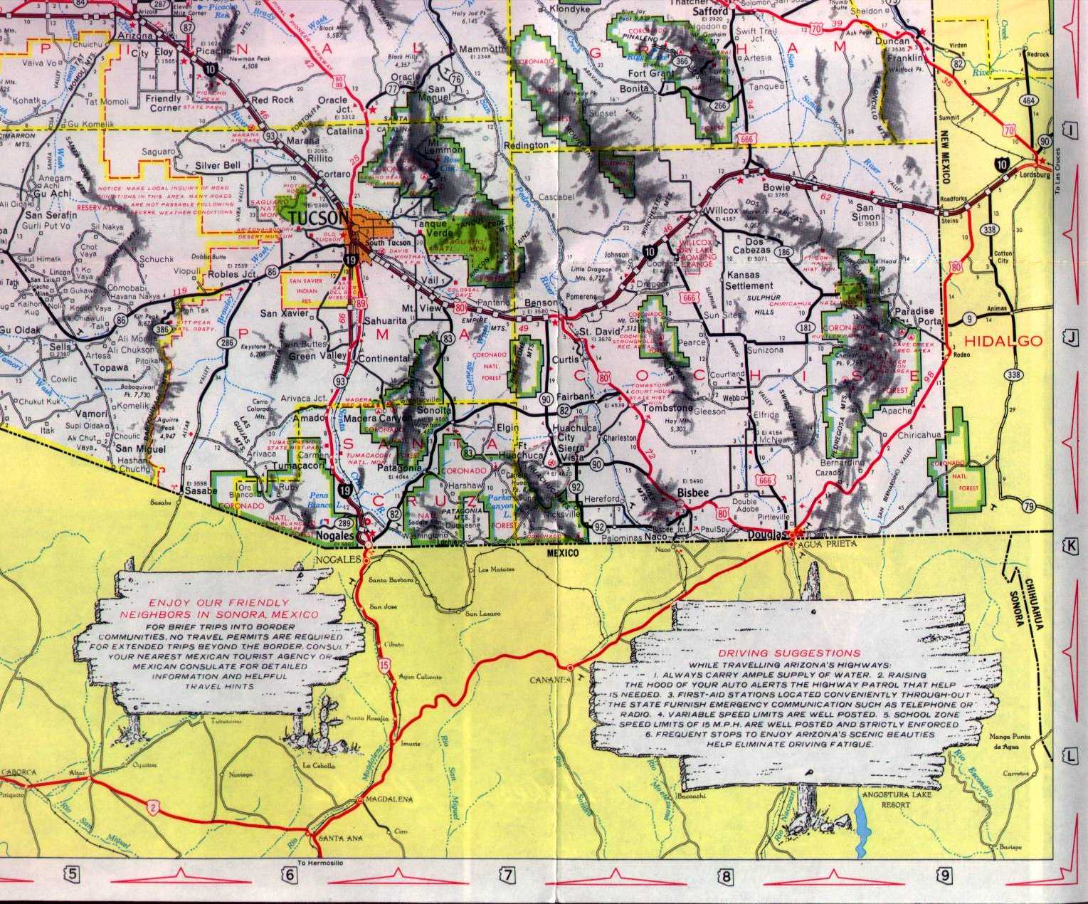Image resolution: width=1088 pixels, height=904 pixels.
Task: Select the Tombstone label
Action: [x=667, y=409]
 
